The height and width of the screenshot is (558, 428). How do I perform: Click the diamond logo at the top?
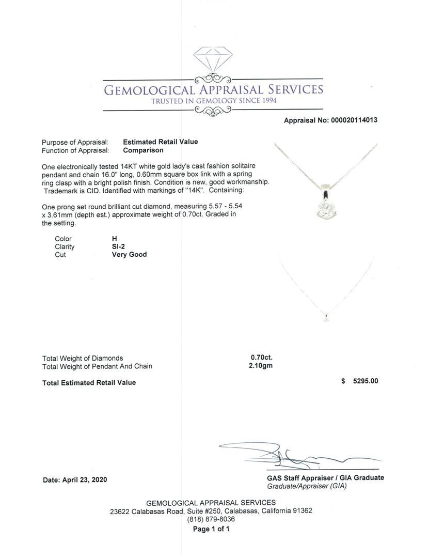click(x=213, y=60)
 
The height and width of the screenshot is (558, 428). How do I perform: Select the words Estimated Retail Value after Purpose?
click(x=160, y=142)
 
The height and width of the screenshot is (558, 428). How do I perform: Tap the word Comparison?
click(x=143, y=150)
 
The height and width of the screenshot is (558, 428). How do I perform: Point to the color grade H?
click(x=115, y=239)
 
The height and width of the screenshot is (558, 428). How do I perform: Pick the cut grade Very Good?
click(x=129, y=254)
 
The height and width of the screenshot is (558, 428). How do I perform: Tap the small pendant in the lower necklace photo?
click(x=326, y=318)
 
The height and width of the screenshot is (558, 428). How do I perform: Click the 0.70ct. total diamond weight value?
click(x=261, y=358)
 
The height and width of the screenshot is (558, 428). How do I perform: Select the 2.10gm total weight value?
click(x=260, y=366)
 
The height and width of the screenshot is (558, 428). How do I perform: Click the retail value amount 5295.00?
click(x=365, y=381)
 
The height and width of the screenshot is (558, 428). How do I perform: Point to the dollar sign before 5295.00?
click(x=343, y=381)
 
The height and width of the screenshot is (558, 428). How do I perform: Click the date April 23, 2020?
click(x=84, y=479)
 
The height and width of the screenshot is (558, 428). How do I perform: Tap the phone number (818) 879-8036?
click(x=211, y=519)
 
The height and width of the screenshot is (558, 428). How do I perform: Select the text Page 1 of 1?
click(x=211, y=529)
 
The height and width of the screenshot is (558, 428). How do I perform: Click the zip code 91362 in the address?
click(x=302, y=510)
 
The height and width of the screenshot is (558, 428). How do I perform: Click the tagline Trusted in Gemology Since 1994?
click(x=213, y=101)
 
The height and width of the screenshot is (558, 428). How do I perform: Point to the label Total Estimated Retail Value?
click(x=89, y=382)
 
